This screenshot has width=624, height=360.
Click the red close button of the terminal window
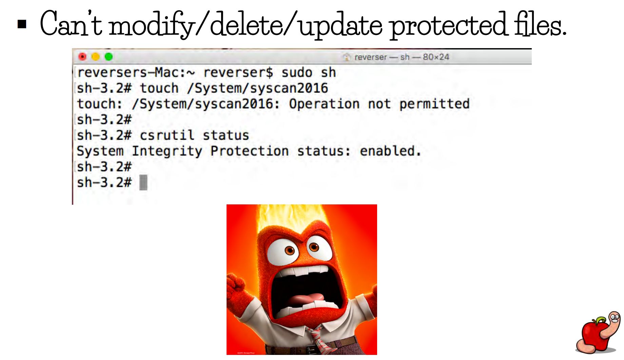(82, 57)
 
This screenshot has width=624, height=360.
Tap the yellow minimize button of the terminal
(96, 57)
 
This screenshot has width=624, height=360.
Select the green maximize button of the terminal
(109, 57)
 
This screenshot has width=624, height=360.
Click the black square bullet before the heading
(22, 24)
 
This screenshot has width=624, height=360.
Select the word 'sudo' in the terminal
(297, 73)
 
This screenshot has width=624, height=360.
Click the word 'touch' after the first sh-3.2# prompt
(159, 88)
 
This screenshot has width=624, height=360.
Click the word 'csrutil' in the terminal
(167, 135)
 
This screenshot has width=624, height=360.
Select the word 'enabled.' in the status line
(390, 151)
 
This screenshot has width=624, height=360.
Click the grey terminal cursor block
(143, 183)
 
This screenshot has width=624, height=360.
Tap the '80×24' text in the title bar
(436, 57)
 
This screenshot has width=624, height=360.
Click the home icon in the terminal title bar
(347, 57)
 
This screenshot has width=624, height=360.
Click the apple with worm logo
(599, 333)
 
